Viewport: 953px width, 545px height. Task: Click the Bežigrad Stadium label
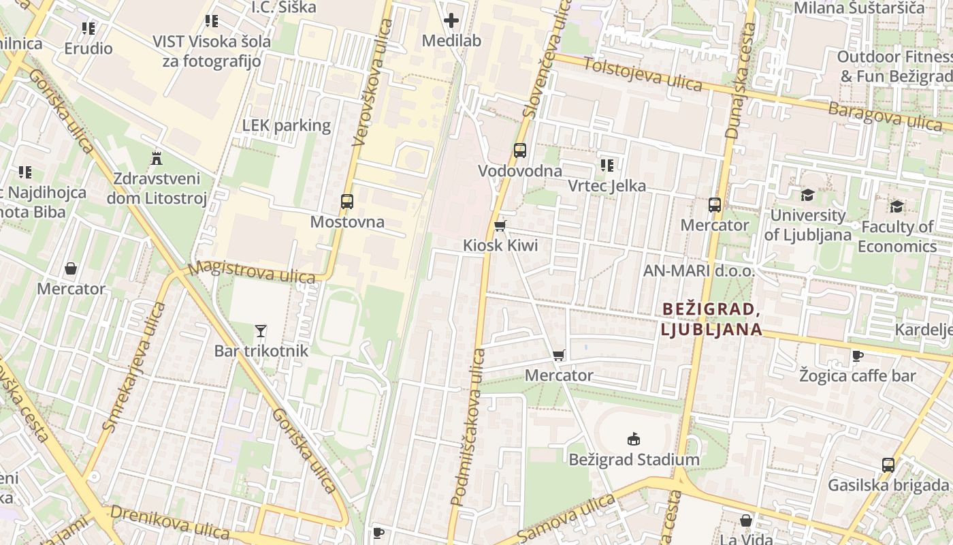[634, 460]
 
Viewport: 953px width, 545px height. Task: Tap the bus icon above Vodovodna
[520, 151]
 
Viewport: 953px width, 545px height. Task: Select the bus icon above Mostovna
[347, 202]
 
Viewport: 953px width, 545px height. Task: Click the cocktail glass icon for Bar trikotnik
[261, 331]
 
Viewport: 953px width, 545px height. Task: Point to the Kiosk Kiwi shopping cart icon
[500, 225]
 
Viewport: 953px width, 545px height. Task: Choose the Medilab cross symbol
[451, 20]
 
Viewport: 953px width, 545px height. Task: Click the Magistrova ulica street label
[251, 272]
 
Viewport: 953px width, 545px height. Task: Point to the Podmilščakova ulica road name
[468, 427]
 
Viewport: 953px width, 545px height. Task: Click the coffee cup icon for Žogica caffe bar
[858, 356]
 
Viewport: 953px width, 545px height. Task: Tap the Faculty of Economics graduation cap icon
[897, 206]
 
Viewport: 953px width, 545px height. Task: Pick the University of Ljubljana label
[807, 225]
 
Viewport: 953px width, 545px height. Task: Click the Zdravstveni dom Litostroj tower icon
[157, 159]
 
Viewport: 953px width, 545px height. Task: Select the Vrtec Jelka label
[607, 186]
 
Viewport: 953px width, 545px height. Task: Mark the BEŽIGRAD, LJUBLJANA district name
[711, 319]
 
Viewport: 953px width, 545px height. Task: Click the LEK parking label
[287, 125]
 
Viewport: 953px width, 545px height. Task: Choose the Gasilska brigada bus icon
[888, 465]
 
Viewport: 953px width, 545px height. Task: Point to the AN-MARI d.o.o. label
[699, 271]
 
